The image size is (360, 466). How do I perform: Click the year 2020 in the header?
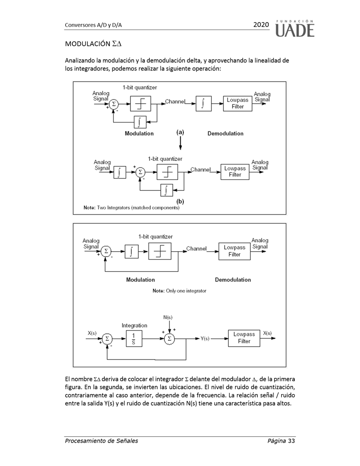pyautogui.click(x=261, y=25)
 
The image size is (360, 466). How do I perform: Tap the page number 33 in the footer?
pyautogui.click(x=291, y=440)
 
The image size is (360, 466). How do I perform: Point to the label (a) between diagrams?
pyautogui.click(x=180, y=132)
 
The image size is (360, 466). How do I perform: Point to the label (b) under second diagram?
pyautogui.click(x=180, y=201)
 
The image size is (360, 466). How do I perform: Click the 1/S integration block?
pyautogui.click(x=133, y=339)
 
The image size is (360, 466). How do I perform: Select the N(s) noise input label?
pyautogui.click(x=168, y=317)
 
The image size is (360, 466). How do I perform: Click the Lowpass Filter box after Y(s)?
pyautogui.click(x=244, y=338)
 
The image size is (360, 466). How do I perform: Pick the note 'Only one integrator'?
pyautogui.click(x=179, y=291)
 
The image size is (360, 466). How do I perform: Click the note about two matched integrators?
pyautogui.click(x=131, y=207)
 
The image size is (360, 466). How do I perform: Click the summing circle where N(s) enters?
pyautogui.click(x=169, y=339)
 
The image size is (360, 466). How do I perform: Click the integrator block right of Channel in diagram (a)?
pyautogui.click(x=203, y=103)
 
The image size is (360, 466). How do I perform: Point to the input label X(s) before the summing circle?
pyautogui.click(x=92, y=333)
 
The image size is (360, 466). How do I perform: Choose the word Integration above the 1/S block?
pyautogui.click(x=134, y=325)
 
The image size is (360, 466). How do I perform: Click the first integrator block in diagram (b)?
pyautogui.click(x=119, y=172)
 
